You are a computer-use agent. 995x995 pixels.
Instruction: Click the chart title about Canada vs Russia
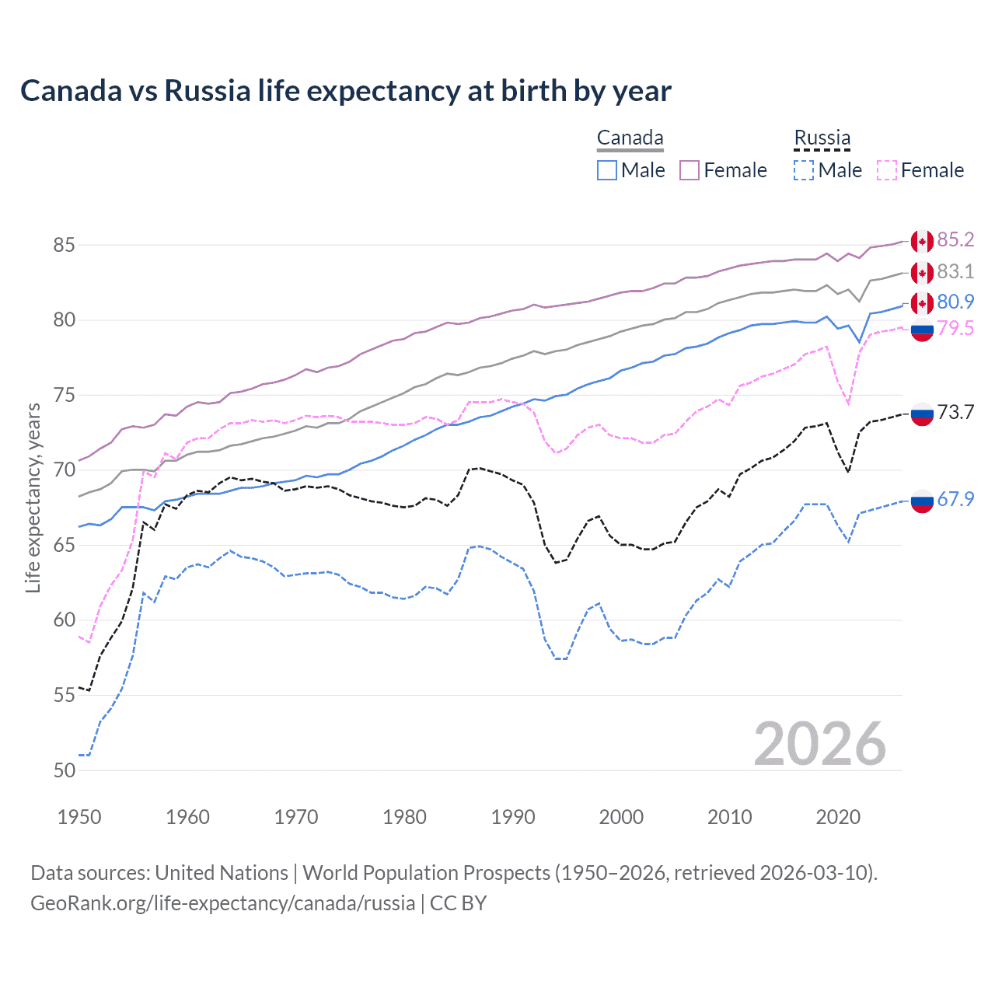point(345,91)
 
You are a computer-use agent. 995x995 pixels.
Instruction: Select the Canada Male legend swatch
point(607,170)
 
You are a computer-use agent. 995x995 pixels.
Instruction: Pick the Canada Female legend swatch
point(690,170)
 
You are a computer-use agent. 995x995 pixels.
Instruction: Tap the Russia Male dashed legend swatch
point(804,170)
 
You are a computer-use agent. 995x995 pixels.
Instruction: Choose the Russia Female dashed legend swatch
point(886,170)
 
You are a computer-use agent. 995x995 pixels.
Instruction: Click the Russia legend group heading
point(822,138)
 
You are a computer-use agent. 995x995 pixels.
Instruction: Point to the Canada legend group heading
point(630,138)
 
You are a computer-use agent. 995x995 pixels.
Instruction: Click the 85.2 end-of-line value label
point(955,240)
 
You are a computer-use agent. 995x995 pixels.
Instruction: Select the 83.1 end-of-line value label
point(955,272)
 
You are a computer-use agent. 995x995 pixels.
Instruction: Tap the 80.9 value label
point(955,302)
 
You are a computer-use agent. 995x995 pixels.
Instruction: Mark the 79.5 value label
point(955,329)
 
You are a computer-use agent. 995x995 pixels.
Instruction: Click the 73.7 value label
point(955,413)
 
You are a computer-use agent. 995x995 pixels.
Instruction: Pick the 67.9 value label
point(955,500)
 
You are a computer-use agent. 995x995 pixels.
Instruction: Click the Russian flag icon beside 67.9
point(922,501)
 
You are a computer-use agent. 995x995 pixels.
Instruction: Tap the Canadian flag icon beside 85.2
point(922,242)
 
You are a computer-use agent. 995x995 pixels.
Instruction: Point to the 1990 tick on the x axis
point(513,817)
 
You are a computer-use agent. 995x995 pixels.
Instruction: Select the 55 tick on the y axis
point(64,695)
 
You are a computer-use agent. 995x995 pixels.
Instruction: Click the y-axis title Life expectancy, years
point(33,497)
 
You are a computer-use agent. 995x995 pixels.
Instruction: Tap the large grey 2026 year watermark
point(819,744)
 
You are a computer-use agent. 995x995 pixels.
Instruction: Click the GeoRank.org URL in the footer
point(222,903)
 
